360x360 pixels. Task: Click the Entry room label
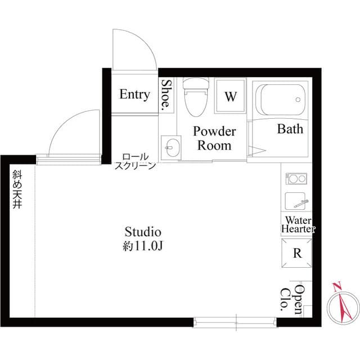pyautogui.click(x=134, y=94)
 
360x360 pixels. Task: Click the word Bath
pyautogui.click(x=290, y=129)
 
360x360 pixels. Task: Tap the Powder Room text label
pyautogui.click(x=214, y=138)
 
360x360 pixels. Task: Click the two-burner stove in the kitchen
pyautogui.click(x=296, y=179)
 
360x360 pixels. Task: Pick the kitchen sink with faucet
pyautogui.click(x=296, y=201)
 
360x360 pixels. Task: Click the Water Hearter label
pyautogui.click(x=298, y=224)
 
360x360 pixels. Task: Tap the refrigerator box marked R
pyautogui.click(x=296, y=253)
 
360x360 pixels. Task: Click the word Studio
pyautogui.click(x=143, y=232)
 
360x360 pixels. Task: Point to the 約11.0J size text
pyautogui.click(x=143, y=245)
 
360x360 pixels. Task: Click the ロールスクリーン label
pyautogui.click(x=135, y=161)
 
